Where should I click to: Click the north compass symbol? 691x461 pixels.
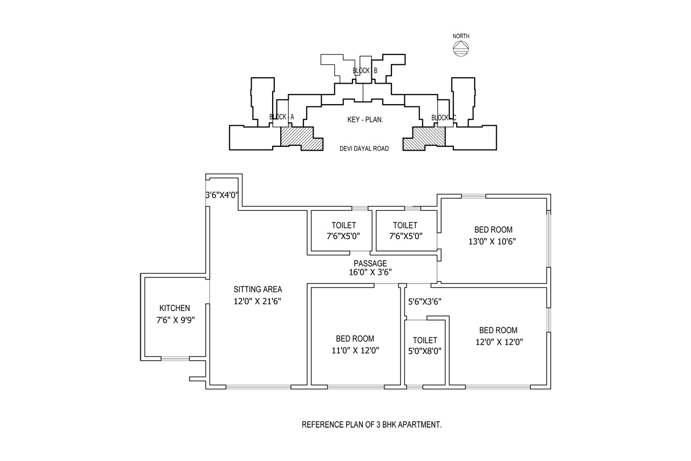461,49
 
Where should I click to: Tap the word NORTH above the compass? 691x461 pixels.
461,36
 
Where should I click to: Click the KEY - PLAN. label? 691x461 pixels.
365,120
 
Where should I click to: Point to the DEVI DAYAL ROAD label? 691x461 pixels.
364,149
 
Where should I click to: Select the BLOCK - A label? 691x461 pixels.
282,117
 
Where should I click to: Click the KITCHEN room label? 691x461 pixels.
174,308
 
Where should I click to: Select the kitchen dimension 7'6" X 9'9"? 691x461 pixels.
175,320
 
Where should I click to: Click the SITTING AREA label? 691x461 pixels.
258,289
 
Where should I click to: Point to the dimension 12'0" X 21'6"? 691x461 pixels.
258,301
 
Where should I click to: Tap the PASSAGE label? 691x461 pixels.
370,263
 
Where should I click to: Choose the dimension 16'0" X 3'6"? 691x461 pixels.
370,273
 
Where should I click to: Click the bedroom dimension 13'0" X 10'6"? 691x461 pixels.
492,242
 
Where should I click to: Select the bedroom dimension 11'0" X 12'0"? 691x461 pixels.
355,350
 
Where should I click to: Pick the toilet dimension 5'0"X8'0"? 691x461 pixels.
425,351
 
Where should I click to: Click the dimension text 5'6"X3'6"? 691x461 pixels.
425,301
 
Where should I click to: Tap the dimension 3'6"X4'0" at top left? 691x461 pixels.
222,195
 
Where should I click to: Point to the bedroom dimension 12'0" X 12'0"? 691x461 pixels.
499,342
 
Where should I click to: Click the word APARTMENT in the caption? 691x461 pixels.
419,425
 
